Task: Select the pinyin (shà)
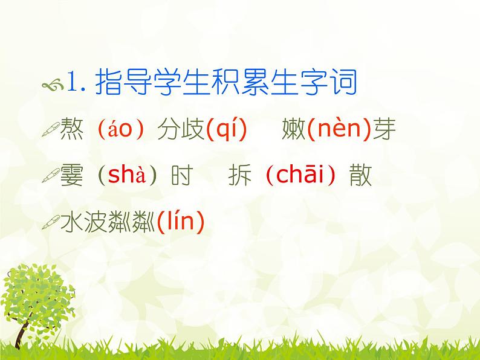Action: [128, 176]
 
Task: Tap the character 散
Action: [360, 176]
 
